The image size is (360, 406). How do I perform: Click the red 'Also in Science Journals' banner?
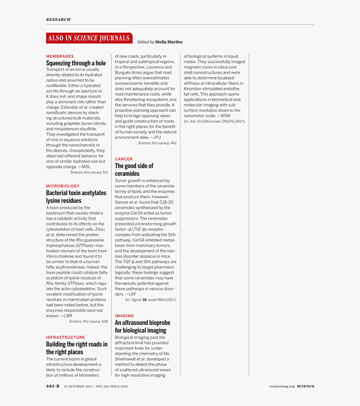click(x=89, y=38)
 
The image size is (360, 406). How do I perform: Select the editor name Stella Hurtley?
click(x=169, y=42)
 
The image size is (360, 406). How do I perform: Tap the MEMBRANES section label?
click(x=60, y=56)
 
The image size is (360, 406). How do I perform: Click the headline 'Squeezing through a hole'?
click(x=76, y=63)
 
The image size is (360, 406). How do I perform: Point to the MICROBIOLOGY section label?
click(x=63, y=186)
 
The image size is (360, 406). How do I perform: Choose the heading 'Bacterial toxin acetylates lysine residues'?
click(x=76, y=197)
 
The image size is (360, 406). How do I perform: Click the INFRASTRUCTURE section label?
click(x=65, y=337)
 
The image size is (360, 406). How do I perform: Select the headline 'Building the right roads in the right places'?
click(x=77, y=348)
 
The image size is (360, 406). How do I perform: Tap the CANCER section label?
click(x=123, y=159)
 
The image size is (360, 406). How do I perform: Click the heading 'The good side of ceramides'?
click(x=134, y=170)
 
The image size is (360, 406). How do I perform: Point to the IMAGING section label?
click(x=124, y=316)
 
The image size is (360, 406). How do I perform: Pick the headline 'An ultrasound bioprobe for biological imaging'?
click(x=142, y=326)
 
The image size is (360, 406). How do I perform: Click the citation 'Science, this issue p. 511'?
click(x=89, y=172)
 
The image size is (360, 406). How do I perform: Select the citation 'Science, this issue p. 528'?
click(x=88, y=321)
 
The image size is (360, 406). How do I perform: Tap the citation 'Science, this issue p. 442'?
click(x=157, y=143)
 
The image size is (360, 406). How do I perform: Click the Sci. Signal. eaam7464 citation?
click(x=151, y=300)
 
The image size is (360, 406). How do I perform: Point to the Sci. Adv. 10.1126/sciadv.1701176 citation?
click(x=214, y=121)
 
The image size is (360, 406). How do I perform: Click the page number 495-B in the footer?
click(x=53, y=386)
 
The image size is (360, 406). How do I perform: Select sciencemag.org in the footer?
click(x=282, y=386)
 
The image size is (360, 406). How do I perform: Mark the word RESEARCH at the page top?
click(x=58, y=19)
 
